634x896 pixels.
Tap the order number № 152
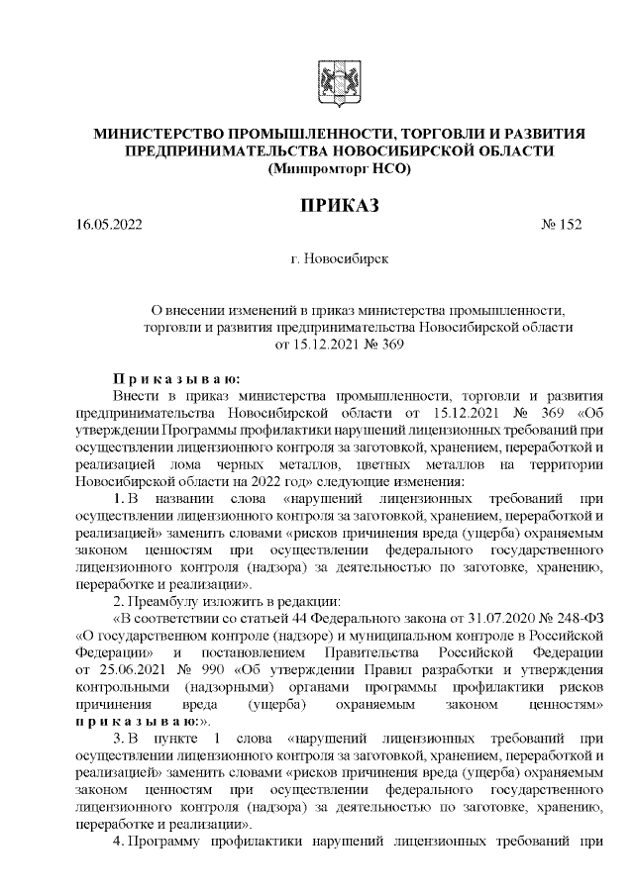(562, 225)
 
